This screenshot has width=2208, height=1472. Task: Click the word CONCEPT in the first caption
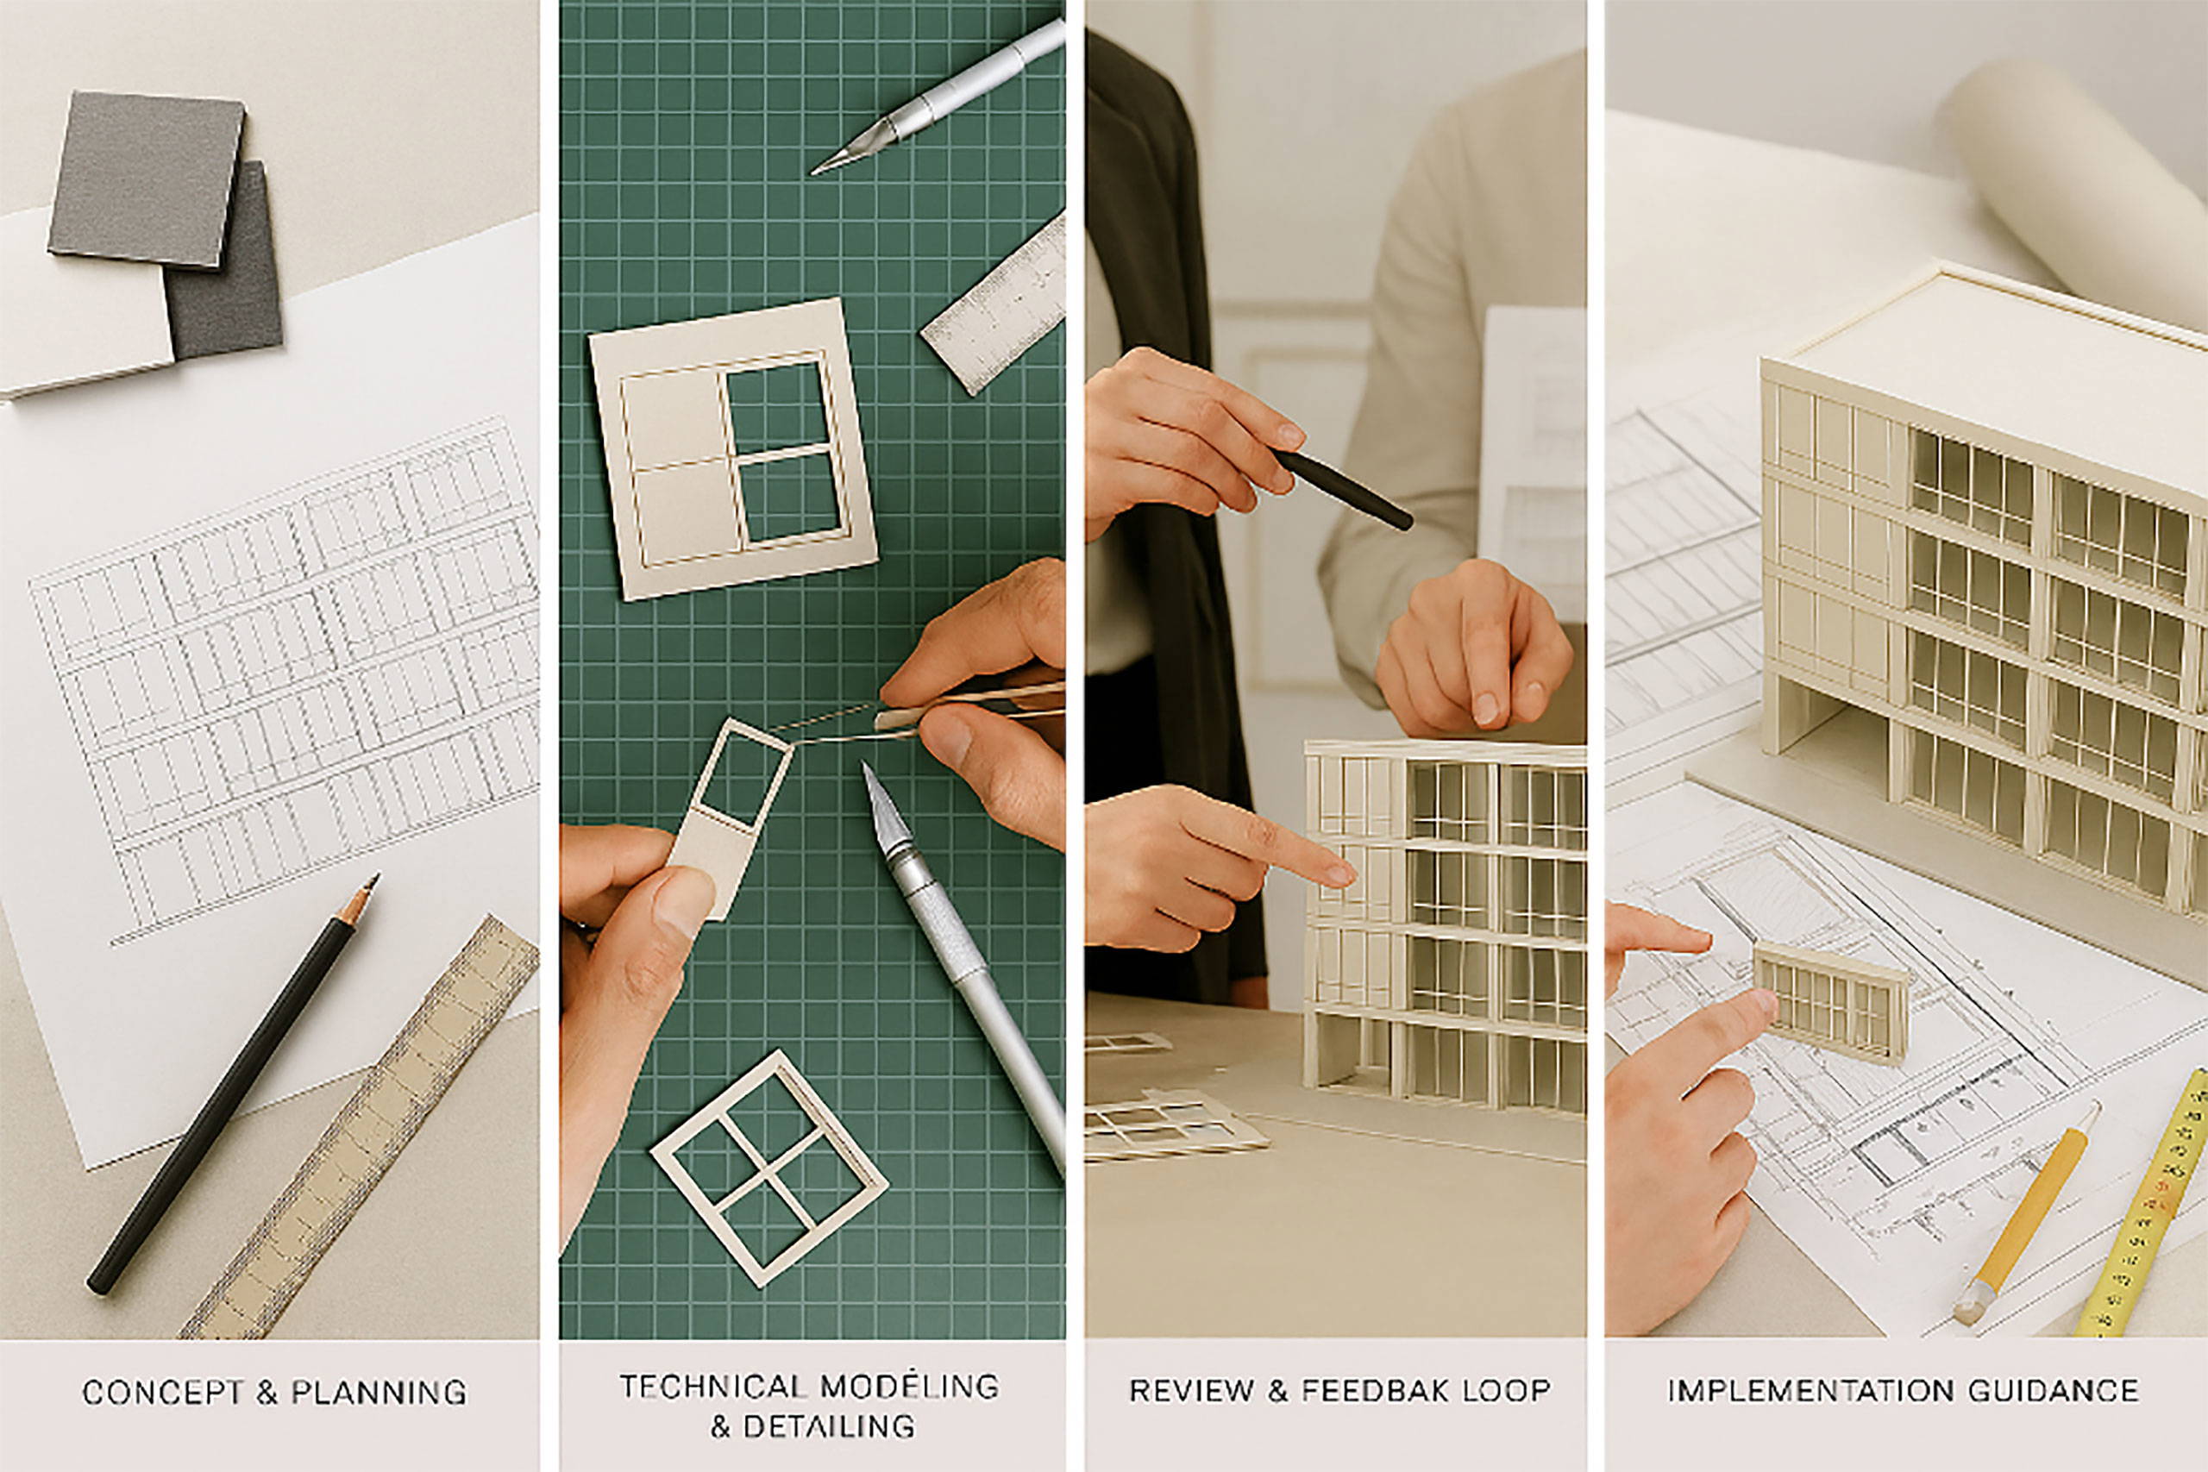coord(163,1391)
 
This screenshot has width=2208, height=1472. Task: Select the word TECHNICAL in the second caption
coord(712,1386)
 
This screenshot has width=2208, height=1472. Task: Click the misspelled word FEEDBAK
coord(1384,1389)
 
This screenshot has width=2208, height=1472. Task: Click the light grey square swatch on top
coord(147,179)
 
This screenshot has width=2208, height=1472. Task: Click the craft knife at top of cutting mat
coord(938,96)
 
